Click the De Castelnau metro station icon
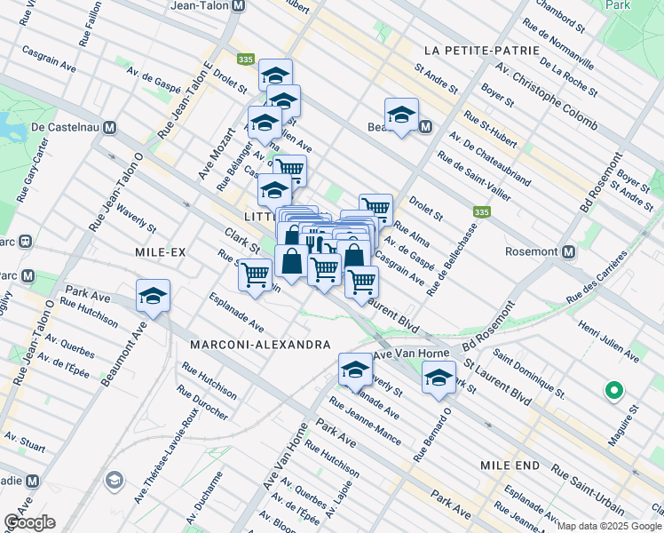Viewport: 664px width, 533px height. pos(109,127)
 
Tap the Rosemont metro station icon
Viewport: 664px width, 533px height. pos(568,251)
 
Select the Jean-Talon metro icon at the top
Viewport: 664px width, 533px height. pos(238,5)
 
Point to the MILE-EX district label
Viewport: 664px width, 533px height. pos(161,252)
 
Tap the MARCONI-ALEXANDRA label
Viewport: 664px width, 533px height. pos(261,344)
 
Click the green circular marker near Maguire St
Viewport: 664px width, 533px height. pos(613,390)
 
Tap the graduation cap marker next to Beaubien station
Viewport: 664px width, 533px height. pos(401,115)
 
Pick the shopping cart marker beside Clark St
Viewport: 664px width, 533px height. pos(256,274)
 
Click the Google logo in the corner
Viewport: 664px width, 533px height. pos(29,522)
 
